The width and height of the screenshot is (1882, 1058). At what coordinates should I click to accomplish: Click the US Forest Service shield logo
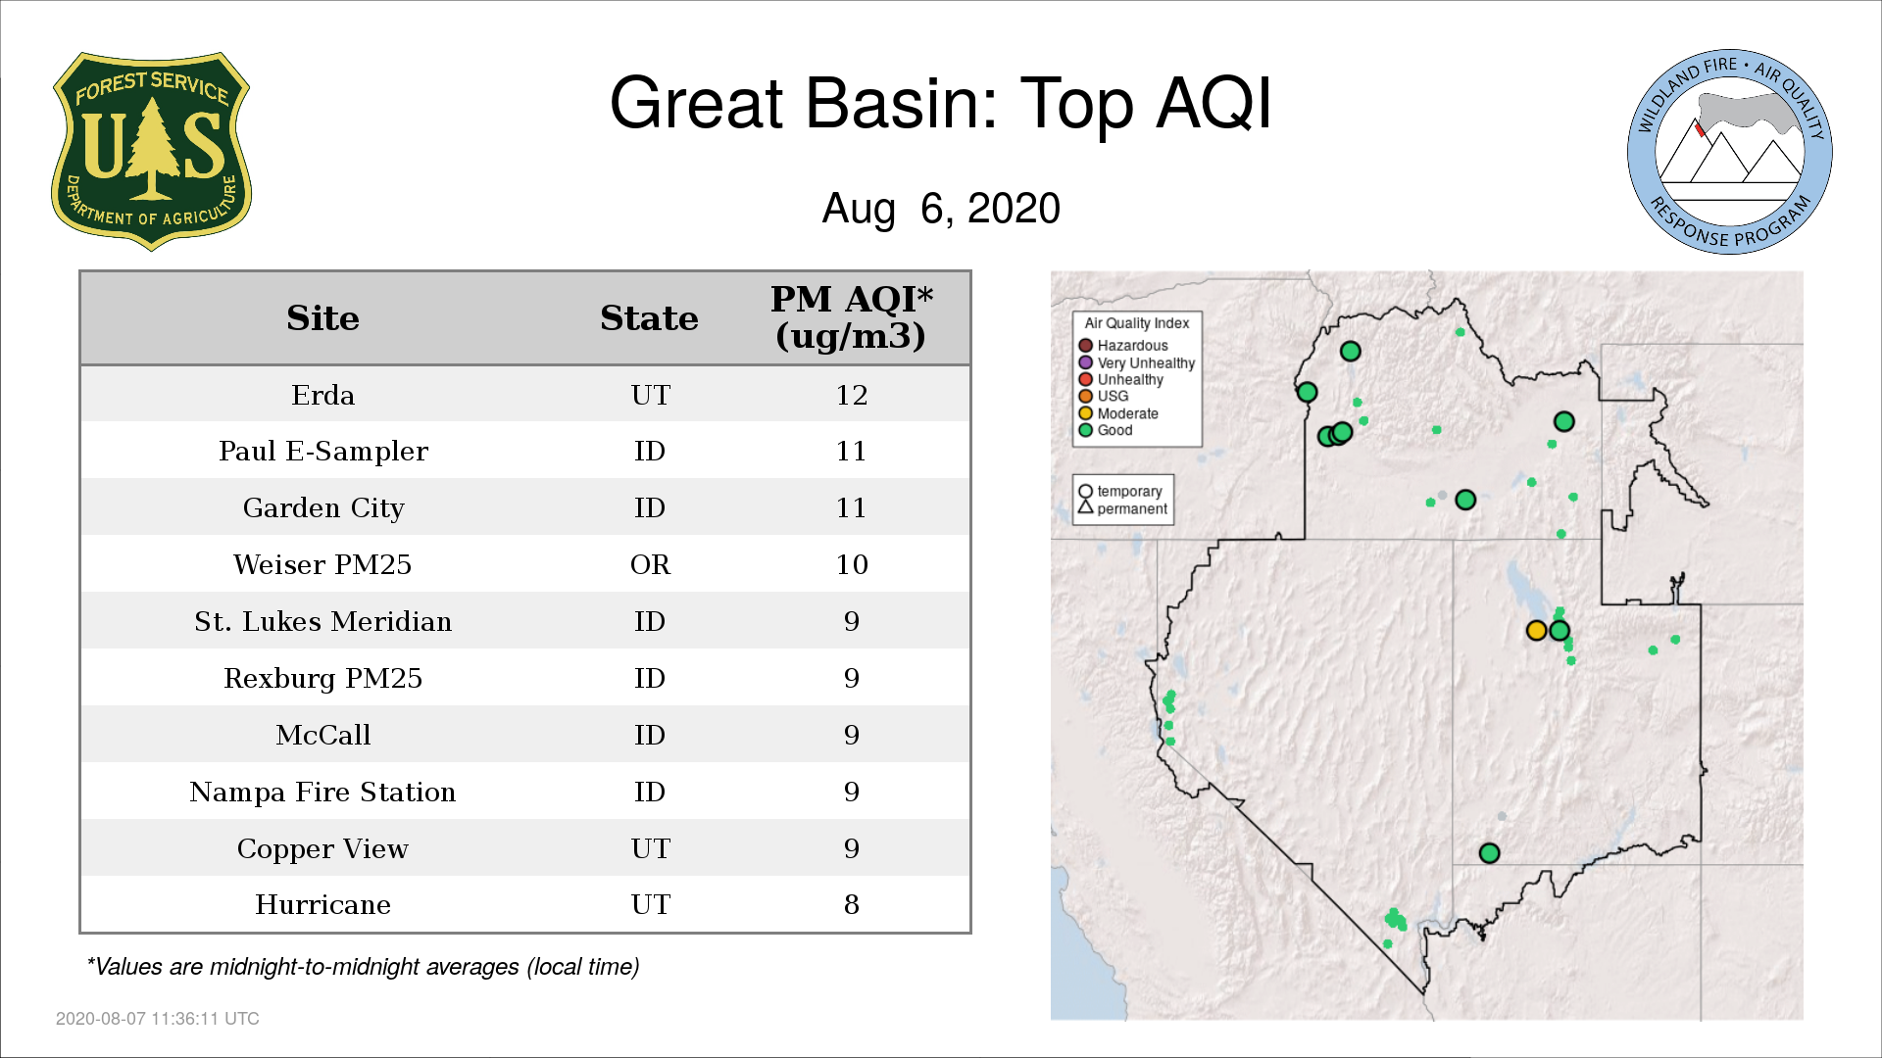pyautogui.click(x=151, y=152)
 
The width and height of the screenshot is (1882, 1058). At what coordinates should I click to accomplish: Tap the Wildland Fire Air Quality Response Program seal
pyautogui.click(x=1730, y=152)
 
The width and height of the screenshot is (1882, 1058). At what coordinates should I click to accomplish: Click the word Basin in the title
pyautogui.click(x=902, y=103)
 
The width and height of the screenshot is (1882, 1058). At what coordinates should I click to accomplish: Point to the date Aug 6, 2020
pyautogui.click(x=941, y=209)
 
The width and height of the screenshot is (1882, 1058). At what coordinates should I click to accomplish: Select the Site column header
pyautogui.click(x=322, y=318)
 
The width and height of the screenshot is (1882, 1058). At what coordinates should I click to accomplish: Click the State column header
pyautogui.click(x=649, y=318)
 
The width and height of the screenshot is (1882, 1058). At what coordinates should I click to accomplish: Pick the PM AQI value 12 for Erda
pyautogui.click(x=852, y=395)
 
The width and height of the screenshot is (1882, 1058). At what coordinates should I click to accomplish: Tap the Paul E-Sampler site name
pyautogui.click(x=323, y=452)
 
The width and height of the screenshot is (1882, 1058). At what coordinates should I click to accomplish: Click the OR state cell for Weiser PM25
pyautogui.click(x=650, y=565)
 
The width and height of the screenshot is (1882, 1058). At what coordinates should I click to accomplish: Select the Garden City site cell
pyautogui.click(x=323, y=508)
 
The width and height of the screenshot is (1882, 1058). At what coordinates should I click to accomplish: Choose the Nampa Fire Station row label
pyautogui.click(x=322, y=792)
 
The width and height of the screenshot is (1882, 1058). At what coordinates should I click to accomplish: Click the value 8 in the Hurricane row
pyautogui.click(x=852, y=904)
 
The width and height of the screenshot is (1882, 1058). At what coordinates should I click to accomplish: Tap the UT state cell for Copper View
pyautogui.click(x=651, y=848)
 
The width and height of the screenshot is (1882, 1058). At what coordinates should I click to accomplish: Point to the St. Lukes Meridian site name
pyautogui.click(x=322, y=621)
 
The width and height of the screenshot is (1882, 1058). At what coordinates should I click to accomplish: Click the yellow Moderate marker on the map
pyautogui.click(x=1536, y=631)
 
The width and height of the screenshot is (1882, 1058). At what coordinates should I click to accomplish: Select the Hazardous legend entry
pyautogui.click(x=1124, y=346)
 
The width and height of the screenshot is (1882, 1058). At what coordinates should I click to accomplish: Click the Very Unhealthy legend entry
pyautogui.click(x=1137, y=362)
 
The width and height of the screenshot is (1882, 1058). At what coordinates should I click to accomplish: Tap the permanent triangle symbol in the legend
pyautogui.click(x=1085, y=507)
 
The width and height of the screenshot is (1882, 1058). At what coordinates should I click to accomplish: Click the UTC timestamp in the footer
pyautogui.click(x=158, y=1019)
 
